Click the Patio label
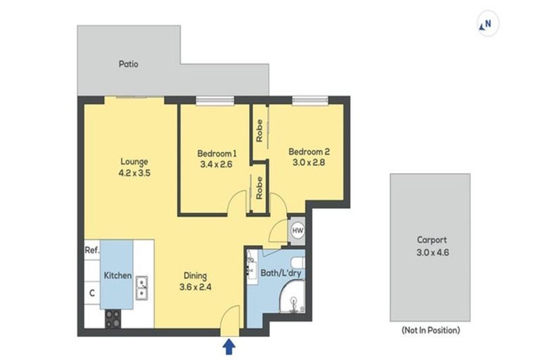[x=128, y=64]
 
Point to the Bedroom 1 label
[x=216, y=153]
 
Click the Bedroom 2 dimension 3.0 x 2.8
[x=309, y=163]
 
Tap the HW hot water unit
[x=297, y=230]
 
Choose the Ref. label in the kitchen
[x=91, y=250]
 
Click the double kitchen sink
[x=141, y=286]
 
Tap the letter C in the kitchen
[x=91, y=293]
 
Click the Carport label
[x=430, y=239]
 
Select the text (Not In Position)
[x=430, y=330]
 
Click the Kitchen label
[x=117, y=275]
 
